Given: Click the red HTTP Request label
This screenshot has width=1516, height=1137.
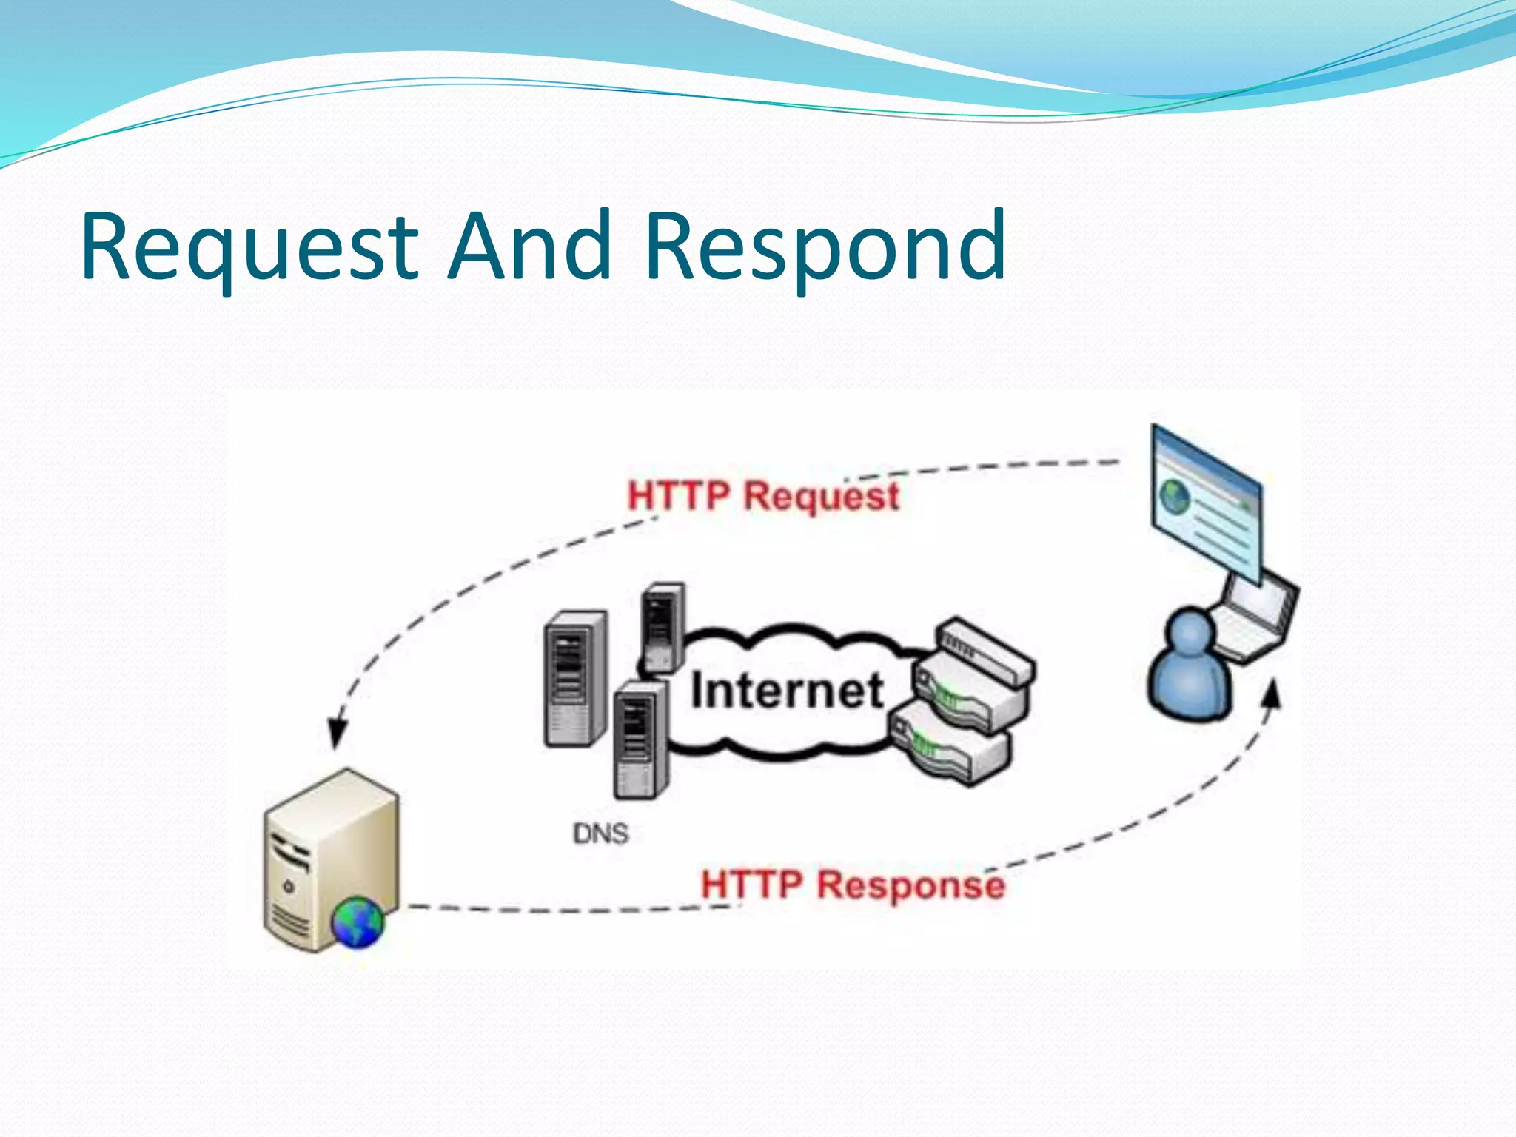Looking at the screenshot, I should click(762, 495).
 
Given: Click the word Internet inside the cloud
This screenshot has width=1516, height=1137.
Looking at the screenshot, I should click(787, 691).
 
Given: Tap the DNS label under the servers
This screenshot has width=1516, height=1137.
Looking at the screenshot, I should click(600, 834).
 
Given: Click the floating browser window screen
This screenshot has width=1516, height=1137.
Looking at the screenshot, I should click(1207, 503).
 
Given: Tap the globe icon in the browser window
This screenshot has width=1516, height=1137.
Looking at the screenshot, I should click(1174, 497).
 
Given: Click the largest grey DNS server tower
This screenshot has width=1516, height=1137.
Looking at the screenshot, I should click(575, 677).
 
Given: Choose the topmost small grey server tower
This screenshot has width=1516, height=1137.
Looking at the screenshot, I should click(663, 625).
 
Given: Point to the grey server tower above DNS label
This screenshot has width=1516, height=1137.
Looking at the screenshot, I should click(639, 740).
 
